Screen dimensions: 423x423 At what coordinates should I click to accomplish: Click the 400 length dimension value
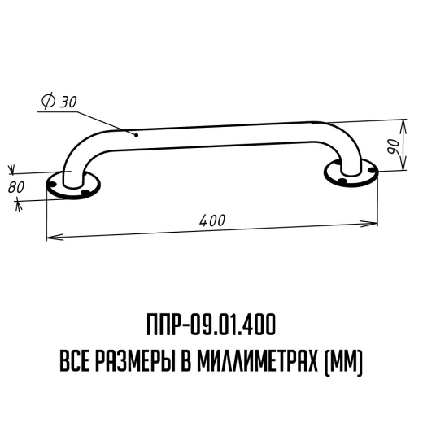212,220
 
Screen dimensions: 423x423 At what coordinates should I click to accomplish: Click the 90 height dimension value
394,146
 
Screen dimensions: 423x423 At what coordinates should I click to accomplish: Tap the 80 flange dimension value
16,187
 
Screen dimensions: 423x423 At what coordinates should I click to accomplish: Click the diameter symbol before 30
48,101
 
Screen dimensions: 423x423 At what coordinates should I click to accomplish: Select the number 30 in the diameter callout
68,102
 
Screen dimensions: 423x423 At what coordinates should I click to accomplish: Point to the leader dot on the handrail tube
137,135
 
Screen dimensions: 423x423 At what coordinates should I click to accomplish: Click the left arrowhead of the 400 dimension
55,237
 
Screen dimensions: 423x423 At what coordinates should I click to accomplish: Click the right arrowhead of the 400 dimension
368,224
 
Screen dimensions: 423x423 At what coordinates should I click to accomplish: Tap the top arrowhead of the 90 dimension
403,128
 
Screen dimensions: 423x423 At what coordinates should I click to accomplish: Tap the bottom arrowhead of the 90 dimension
403,162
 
